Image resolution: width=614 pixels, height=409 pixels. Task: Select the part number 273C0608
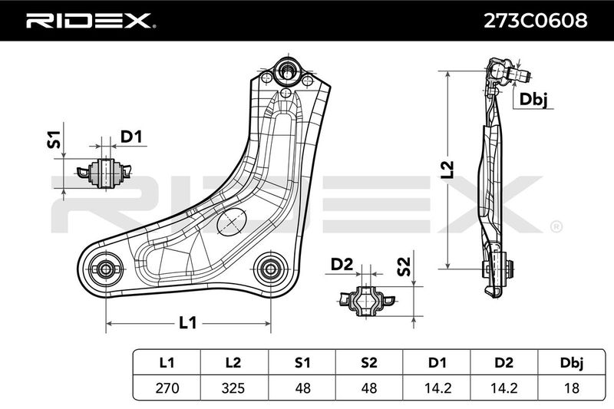click(535, 21)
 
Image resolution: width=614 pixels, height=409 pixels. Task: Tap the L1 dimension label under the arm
click(188, 323)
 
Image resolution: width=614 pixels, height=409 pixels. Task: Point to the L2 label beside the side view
click(447, 170)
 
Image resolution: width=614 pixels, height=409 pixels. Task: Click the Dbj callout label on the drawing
click(533, 100)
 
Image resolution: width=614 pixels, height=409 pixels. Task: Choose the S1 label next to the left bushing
click(54, 140)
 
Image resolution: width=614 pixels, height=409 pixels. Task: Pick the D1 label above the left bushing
click(131, 137)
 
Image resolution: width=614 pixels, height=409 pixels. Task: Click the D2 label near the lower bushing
click(342, 264)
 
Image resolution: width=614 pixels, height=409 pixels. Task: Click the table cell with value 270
click(167, 388)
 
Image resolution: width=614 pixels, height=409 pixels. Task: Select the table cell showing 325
click(233, 388)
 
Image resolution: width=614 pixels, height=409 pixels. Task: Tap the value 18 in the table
click(572, 388)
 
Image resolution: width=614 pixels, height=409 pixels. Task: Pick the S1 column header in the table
click(302, 363)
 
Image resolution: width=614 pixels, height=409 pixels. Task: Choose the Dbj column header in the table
click(572, 363)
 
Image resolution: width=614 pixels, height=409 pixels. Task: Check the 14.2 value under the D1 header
click(437, 388)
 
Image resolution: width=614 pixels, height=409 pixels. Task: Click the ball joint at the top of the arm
click(287, 73)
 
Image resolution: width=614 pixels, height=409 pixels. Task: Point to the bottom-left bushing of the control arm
click(105, 269)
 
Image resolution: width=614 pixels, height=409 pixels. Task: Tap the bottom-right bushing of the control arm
click(270, 269)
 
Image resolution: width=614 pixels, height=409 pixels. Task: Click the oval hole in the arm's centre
click(232, 222)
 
